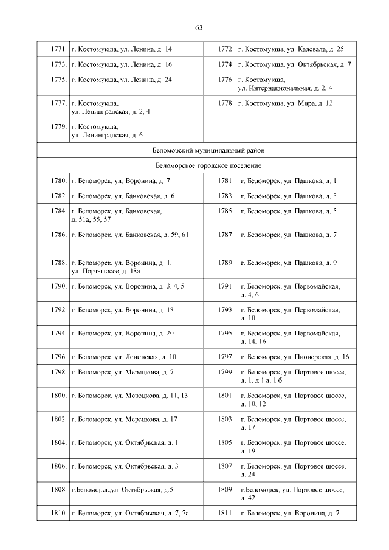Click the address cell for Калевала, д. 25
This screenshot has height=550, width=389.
pyautogui.click(x=291, y=49)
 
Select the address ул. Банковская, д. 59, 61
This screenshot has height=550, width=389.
pyautogui.click(x=131, y=235)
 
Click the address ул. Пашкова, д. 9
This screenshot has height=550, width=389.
pyautogui.click(x=289, y=263)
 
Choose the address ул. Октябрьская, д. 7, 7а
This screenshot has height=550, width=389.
pyautogui.click(x=131, y=514)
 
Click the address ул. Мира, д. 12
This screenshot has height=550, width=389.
pyautogui.click(x=286, y=103)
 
